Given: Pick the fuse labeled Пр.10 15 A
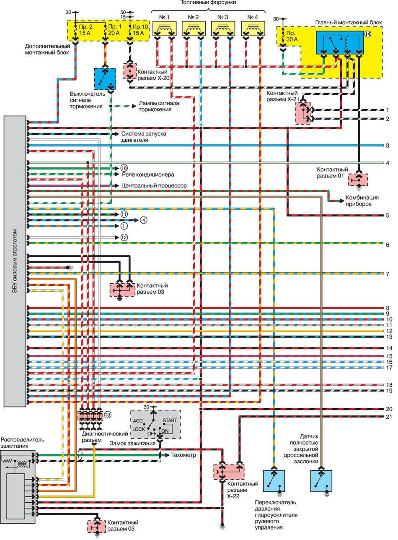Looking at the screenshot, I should [x=138, y=31].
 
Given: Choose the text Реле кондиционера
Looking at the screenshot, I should [x=148, y=174].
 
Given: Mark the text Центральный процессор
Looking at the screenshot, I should [x=154, y=185].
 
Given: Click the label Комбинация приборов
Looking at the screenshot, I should [x=362, y=201].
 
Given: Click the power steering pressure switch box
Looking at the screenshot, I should [x=274, y=481].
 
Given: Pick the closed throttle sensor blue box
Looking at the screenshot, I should [x=321, y=481].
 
